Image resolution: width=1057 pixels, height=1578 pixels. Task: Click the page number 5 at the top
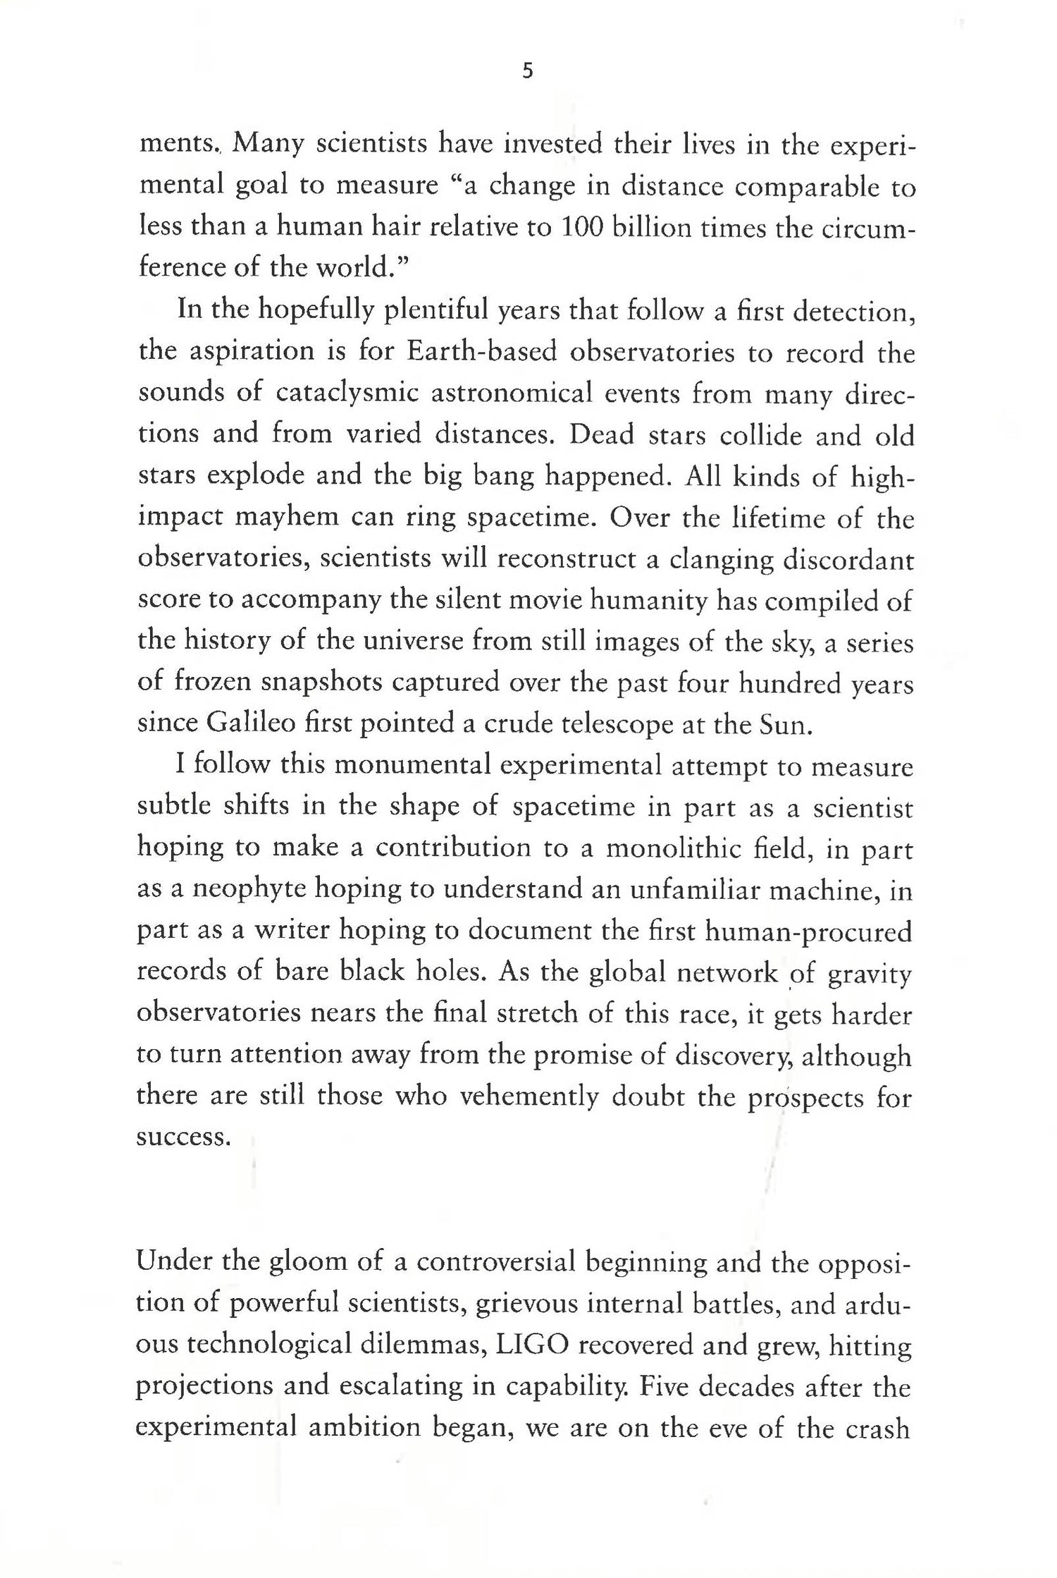pyautogui.click(x=528, y=72)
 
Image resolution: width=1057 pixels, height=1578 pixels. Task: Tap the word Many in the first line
pyautogui.click(x=268, y=145)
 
